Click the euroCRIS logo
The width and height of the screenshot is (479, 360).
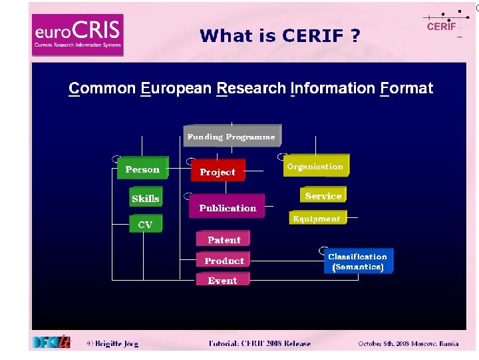point(77,35)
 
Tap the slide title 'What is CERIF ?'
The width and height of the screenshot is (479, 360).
point(279,35)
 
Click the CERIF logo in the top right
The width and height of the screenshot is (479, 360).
point(441,25)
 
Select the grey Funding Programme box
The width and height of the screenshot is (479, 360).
point(231,137)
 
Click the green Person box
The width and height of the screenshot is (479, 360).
point(142,169)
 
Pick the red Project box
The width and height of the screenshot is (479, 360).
point(218,172)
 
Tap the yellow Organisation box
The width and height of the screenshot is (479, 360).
point(315,167)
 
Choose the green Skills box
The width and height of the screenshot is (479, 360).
point(146,199)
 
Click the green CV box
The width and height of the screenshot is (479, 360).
point(145,225)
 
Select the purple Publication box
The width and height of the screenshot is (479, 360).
point(228,208)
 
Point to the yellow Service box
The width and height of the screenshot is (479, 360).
point(323,196)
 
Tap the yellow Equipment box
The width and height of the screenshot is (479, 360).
point(316,219)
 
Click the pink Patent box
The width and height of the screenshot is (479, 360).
point(224,240)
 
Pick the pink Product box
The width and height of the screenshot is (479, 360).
point(224,261)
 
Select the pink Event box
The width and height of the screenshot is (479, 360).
point(222,281)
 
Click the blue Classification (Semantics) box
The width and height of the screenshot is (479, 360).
point(357,261)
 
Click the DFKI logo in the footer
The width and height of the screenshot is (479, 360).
point(51,342)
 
